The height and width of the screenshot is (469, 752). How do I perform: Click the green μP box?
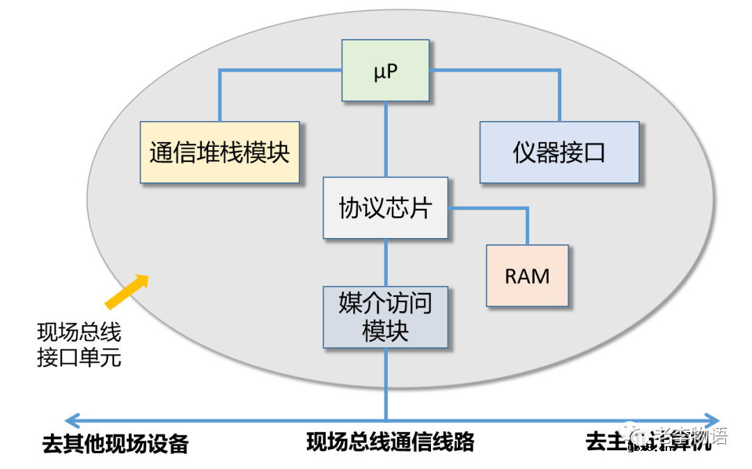coord(386,70)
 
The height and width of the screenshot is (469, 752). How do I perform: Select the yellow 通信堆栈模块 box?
coord(219,152)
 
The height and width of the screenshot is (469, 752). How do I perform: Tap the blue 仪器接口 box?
coord(559,152)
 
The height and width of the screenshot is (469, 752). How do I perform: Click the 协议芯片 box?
coord(385,208)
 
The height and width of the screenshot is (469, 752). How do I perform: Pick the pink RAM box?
coord(527,276)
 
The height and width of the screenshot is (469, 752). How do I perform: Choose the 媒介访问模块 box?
coord(385,317)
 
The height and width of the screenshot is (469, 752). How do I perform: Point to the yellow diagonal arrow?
coord(127,289)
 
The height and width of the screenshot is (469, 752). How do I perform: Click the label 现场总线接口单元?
coord(79,344)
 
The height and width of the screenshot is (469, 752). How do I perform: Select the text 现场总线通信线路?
coord(390,441)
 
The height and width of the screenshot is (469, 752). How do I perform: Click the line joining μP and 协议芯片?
coord(386,139)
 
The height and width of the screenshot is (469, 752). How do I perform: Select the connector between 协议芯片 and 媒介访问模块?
coord(386,262)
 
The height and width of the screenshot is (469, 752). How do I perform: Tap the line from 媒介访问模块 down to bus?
coord(386,383)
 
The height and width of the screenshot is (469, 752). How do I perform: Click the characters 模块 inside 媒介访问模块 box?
coord(385,331)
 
